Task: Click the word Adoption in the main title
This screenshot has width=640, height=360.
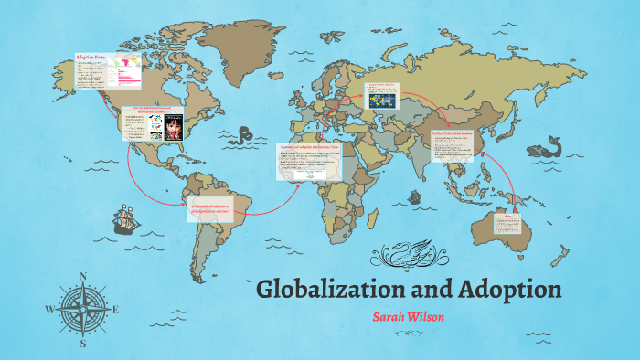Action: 502,290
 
